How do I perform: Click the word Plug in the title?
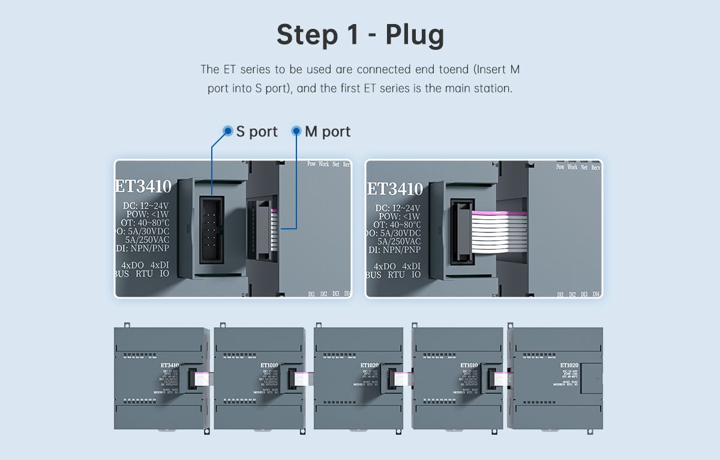point(415,36)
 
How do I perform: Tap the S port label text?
point(257,132)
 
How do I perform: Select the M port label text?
point(328,132)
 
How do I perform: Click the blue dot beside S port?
point(228,131)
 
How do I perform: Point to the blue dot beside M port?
point(296,131)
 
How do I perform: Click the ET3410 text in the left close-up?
point(144,186)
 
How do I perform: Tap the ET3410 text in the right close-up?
point(395,189)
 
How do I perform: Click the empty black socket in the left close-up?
point(212,229)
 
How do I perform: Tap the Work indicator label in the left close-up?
point(323,164)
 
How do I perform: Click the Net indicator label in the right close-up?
point(584,167)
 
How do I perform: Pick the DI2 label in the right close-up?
point(572,294)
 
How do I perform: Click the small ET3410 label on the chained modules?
point(170,365)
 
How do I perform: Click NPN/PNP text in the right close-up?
point(402,250)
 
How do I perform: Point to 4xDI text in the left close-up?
point(160,265)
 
